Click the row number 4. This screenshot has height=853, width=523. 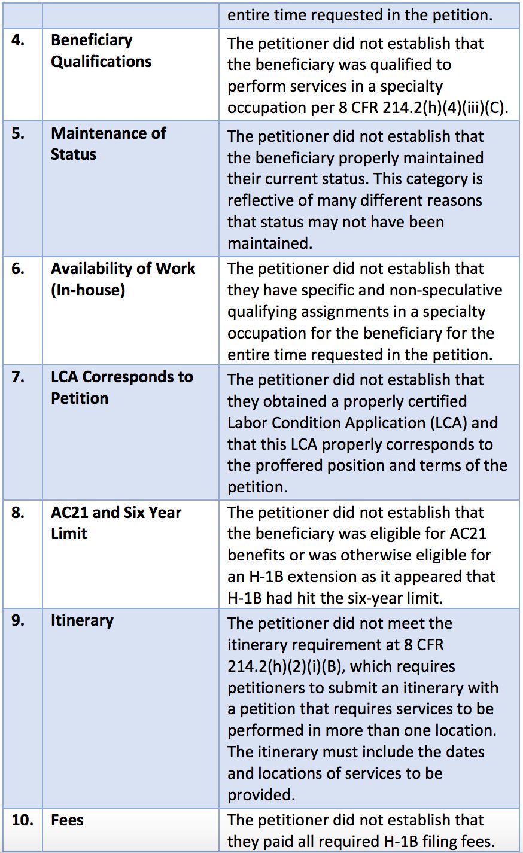pos(18,41)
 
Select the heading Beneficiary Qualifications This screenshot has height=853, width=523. pos(101,51)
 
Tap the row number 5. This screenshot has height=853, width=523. pos(18,133)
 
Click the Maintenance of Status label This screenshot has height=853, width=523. pos(108,144)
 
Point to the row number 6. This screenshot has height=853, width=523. pos(18,269)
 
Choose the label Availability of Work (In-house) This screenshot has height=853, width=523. pos(123,279)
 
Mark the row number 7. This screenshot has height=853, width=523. pos(18,377)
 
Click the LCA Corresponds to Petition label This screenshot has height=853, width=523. pos(121,388)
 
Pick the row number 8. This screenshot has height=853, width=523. pos(18,513)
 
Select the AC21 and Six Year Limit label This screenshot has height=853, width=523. pos(115,523)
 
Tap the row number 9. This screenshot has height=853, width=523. pos(18,620)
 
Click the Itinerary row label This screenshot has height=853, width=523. pos(82,620)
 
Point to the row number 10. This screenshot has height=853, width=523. pos(22,820)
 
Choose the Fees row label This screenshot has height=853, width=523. pos(67,820)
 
